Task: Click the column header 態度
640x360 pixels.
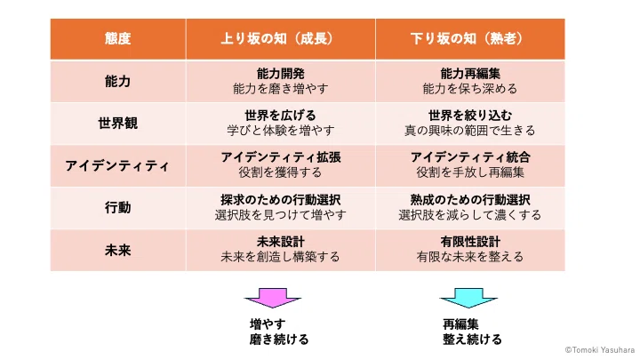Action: (117, 38)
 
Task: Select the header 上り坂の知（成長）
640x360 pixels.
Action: (280, 38)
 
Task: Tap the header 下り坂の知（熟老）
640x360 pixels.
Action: (470, 38)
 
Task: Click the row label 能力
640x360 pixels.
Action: (117, 81)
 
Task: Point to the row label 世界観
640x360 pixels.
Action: (117, 124)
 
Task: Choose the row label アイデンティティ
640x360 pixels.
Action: (117, 165)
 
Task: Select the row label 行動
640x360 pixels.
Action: (117, 208)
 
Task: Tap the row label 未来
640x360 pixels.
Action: (117, 250)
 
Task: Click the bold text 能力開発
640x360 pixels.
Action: (280, 74)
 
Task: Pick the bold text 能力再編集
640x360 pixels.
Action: (470, 74)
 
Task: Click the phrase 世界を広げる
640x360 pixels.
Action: (280, 116)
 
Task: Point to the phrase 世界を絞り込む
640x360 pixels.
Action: (470, 116)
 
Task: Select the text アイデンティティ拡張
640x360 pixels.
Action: (280, 157)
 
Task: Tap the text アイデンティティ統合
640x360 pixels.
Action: (470, 157)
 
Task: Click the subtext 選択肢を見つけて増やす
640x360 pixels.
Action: (280, 215)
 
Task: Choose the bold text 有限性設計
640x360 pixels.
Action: (470, 242)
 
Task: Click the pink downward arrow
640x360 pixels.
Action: (273, 298)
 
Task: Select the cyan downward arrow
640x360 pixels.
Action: (468, 298)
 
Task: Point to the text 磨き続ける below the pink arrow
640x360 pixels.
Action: (279, 340)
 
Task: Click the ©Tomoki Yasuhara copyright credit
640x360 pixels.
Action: (600, 350)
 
